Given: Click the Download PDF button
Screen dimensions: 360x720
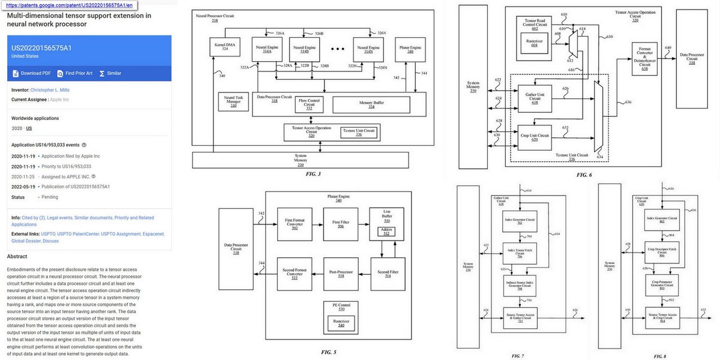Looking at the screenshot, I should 32,73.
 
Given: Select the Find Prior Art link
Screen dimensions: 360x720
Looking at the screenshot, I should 75,73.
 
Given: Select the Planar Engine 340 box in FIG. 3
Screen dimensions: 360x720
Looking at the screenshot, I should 410,49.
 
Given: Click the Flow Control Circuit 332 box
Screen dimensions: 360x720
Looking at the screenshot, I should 310,104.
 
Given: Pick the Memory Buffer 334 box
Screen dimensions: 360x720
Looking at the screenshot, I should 371,104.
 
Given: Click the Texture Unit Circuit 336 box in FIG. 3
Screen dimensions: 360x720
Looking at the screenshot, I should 358,131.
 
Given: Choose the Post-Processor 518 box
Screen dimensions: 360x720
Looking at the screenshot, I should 340,273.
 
